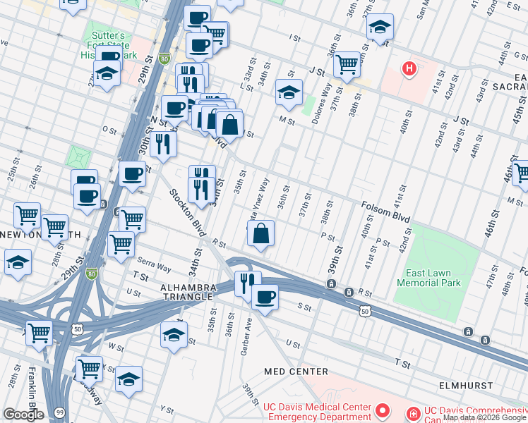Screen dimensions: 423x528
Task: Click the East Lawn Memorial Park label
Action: (x=428, y=277)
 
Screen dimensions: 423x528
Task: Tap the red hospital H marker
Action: (x=408, y=68)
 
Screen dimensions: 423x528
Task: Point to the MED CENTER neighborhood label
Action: (x=296, y=371)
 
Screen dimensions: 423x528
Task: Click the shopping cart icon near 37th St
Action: (x=346, y=64)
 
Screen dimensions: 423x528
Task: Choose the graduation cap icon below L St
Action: (x=288, y=92)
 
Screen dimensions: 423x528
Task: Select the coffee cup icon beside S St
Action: (x=265, y=297)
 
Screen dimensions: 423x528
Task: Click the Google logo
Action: (x=23, y=415)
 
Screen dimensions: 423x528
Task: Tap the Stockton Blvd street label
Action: (x=186, y=212)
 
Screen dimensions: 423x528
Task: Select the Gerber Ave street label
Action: (x=248, y=339)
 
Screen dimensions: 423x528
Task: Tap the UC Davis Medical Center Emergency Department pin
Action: (x=383, y=410)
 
